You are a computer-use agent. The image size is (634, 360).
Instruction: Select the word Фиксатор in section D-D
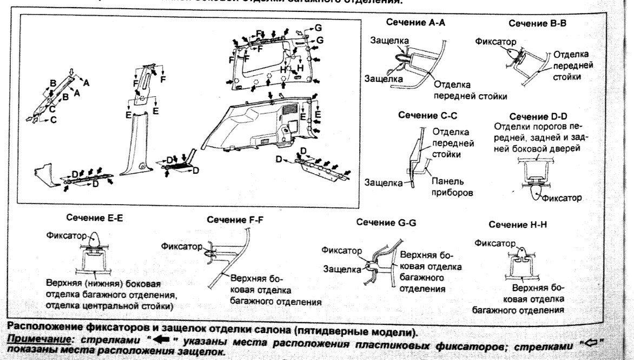pos(561,198)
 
